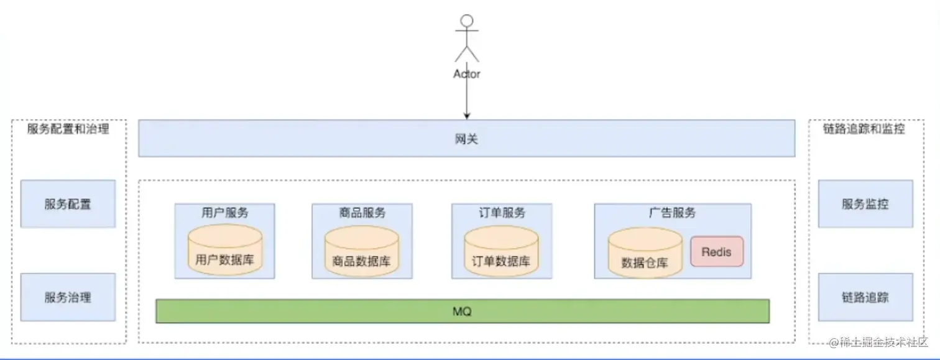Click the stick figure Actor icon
467,39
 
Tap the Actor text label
467,74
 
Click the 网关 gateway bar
466,138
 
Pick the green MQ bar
463,311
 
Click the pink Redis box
716,252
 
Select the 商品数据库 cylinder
361,252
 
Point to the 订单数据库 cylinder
501,252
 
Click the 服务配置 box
68,204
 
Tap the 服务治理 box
68,297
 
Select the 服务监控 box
865,204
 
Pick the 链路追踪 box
865,297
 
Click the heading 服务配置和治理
68,129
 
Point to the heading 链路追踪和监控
864,129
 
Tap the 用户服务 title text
224,213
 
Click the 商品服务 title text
362,213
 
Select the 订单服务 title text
501,213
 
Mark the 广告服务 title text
672,213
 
